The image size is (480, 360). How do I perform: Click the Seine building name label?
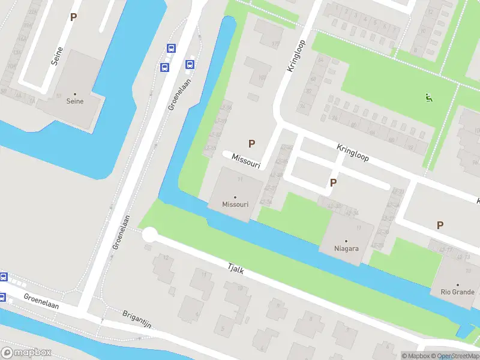pos(75,101)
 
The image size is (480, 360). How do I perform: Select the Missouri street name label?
pos(242,159)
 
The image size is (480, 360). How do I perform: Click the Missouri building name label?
pos(235,205)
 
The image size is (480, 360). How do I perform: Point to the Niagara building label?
pos(346,248)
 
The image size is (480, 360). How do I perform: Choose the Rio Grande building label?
pos(457,292)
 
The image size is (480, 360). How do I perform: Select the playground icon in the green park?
pos(428,98)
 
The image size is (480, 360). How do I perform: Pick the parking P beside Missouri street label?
pos(252,143)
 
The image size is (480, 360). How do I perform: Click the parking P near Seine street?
pos(73,17)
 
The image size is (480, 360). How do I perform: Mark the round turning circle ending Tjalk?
pos(149,235)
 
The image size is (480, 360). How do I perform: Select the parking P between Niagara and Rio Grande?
pos(440,225)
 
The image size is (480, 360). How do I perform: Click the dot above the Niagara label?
pos(346,241)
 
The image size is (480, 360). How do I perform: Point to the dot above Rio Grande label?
pos(457,285)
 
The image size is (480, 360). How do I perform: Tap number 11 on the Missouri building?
pos(239,179)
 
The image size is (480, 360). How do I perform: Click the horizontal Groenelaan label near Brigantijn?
pos(41,301)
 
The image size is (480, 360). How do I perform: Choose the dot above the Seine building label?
pos(75,94)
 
